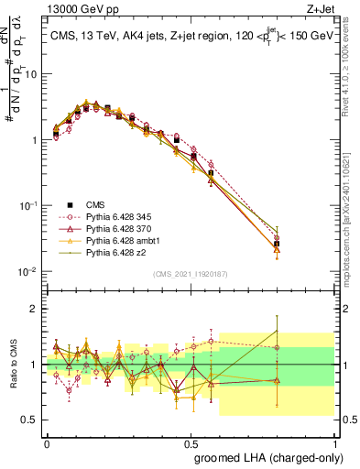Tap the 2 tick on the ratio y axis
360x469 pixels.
coord(35,309)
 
